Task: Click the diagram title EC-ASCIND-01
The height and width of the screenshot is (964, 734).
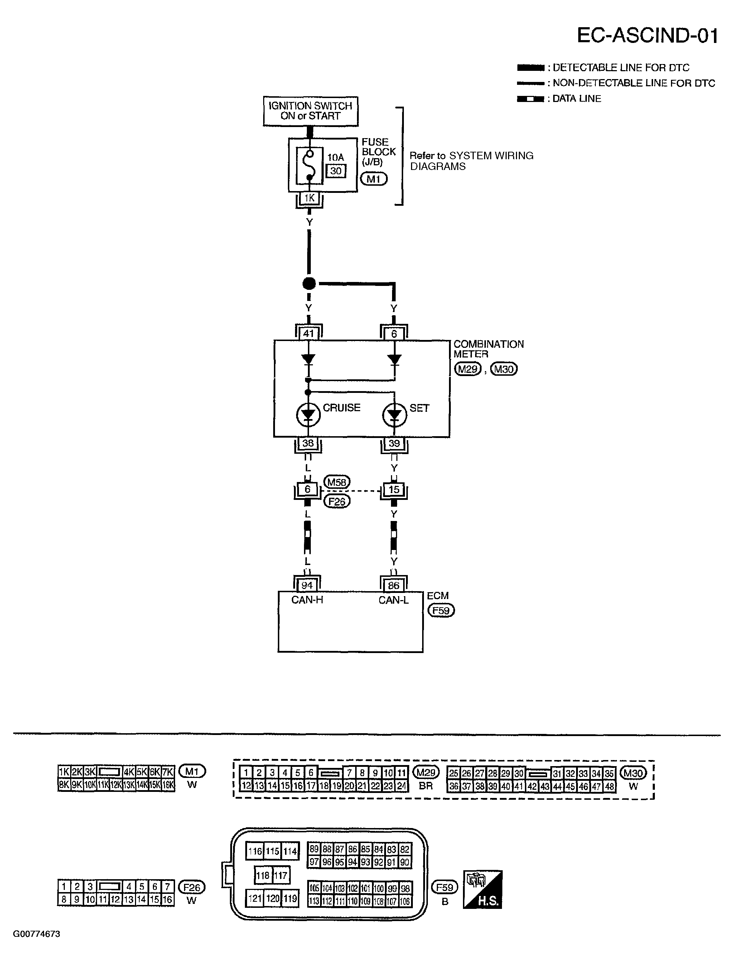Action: click(647, 36)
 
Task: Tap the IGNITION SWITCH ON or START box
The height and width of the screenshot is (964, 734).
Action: click(310, 111)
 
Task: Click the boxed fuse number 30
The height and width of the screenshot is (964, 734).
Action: click(335, 171)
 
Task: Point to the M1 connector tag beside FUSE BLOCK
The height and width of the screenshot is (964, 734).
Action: click(373, 179)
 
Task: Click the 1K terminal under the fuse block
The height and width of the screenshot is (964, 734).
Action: click(309, 198)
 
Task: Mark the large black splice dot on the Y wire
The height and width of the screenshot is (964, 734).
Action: click(309, 283)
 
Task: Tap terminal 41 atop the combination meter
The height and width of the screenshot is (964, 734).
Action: click(308, 333)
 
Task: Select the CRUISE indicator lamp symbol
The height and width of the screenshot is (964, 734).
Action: click(308, 415)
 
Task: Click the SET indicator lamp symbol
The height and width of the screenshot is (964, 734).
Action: click(394, 415)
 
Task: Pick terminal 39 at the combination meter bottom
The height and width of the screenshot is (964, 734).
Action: click(394, 443)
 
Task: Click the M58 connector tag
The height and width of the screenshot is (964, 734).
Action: click(337, 482)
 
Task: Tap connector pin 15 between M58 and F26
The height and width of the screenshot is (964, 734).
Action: click(394, 490)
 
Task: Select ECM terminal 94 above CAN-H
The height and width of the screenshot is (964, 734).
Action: click(307, 585)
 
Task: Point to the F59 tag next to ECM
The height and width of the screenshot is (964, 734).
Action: click(441, 610)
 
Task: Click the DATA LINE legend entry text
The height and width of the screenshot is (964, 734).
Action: click(577, 99)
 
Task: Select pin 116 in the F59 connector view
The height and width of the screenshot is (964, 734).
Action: click(255, 851)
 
